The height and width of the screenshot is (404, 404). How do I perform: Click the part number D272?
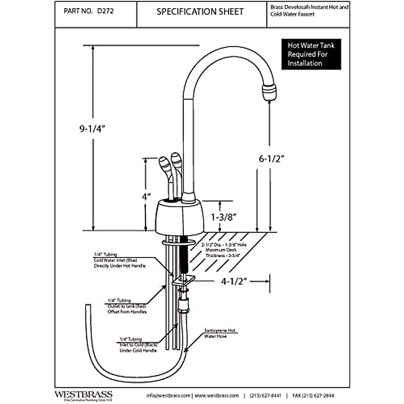pyautogui.click(x=105, y=11)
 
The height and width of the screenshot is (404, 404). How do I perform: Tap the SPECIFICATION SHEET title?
pyautogui.click(x=200, y=12)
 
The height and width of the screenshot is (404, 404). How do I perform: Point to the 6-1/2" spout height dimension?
pyautogui.click(x=272, y=159)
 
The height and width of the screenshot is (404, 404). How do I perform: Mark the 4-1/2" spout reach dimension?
pyautogui.click(x=234, y=281)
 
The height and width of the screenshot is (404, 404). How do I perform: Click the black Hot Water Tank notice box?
pyautogui.click(x=311, y=54)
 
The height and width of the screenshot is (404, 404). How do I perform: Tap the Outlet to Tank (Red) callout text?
pyautogui.click(x=127, y=306)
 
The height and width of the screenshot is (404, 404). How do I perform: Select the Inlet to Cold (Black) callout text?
pyautogui.click(x=138, y=345)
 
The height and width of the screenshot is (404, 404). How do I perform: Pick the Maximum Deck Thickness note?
pyautogui.click(x=224, y=250)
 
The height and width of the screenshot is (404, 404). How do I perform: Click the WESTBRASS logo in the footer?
pyautogui.click(x=83, y=395)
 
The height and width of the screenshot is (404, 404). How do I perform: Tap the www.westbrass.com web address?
pyautogui.click(x=217, y=396)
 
